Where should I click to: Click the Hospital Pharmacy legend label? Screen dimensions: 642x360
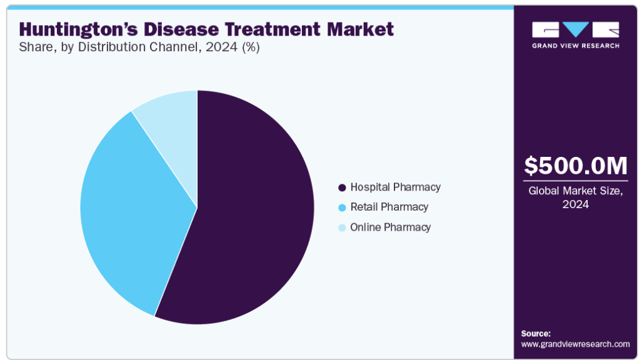[396, 187]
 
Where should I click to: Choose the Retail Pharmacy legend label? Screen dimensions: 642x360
[389, 207]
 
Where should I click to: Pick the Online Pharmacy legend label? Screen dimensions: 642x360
[391, 227]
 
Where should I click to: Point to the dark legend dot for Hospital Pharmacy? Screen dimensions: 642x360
[343, 187]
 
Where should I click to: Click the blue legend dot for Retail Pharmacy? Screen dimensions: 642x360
[343, 207]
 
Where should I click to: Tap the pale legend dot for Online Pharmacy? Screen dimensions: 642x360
[343, 227]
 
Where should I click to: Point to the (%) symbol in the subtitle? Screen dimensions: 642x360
[251, 47]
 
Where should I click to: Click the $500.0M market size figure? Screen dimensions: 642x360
[575, 166]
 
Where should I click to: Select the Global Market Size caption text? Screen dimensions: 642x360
[575, 197]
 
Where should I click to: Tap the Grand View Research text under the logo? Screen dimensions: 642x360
[576, 46]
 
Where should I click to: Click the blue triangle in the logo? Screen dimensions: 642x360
[576, 29]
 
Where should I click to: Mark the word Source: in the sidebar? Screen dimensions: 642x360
[536, 333]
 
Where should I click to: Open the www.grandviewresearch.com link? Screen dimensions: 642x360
[575, 344]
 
